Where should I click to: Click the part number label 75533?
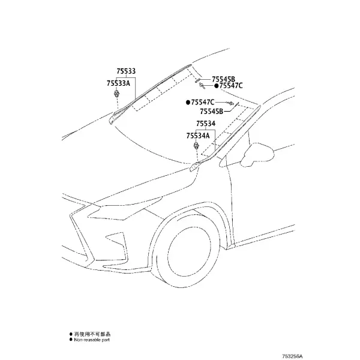[126, 71]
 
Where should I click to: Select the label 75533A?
[118, 83]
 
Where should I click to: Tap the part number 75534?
[206, 124]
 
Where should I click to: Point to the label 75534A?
[198, 136]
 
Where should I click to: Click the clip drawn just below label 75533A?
[117, 94]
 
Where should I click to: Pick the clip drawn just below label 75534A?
[196, 146]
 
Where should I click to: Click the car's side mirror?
[257, 154]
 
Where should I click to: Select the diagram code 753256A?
[292, 356]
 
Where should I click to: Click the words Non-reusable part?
[92, 340]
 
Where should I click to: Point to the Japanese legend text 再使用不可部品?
[92, 334]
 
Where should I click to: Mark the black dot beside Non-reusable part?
[71, 340]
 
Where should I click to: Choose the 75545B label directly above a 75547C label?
[223, 79]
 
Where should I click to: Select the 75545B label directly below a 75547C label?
[211, 112]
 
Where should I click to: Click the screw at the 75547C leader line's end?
[231, 103]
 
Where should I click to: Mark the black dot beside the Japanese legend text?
[71, 334]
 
